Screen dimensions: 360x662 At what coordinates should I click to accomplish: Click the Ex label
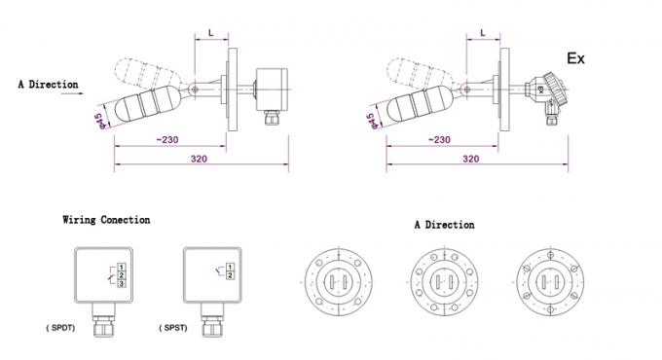click(x=576, y=58)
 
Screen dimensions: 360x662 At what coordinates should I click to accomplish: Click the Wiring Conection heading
click(x=106, y=220)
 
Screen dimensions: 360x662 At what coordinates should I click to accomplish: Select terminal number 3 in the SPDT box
click(x=120, y=282)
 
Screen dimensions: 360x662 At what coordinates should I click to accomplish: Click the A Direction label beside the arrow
click(x=48, y=85)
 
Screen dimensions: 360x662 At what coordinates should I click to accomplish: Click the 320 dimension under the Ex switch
click(x=469, y=158)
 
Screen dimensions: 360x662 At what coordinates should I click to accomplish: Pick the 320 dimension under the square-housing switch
click(x=198, y=158)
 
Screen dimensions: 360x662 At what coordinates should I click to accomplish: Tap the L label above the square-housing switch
click(x=211, y=34)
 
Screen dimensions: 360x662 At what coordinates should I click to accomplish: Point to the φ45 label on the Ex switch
click(x=371, y=121)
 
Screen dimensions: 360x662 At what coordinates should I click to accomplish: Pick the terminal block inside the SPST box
click(x=229, y=270)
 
